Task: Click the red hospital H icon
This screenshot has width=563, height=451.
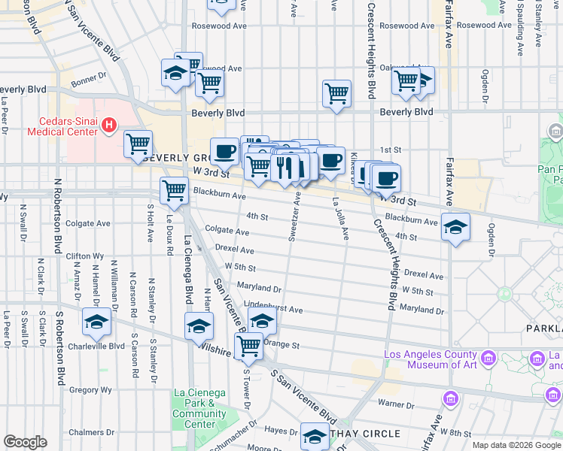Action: pos(110,124)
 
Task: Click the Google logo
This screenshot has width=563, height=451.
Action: pos(25,442)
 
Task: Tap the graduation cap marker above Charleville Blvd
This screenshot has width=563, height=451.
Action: pos(96,322)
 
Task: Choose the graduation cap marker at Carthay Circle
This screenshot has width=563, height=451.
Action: pos(315,437)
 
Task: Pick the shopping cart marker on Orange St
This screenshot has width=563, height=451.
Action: pos(248,347)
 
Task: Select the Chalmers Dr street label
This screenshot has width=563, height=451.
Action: pos(85,432)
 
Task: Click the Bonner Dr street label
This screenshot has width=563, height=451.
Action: pos(89,78)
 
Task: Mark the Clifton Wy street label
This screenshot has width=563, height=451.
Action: pos(84,256)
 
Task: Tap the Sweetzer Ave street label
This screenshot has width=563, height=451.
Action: pos(294,216)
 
